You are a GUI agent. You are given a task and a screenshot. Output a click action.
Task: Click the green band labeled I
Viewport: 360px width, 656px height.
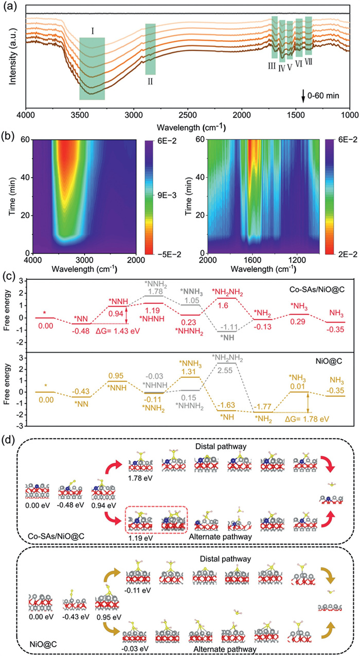[x=92, y=68]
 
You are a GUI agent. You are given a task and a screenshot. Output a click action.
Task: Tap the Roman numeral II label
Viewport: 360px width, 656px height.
[x=150, y=80]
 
